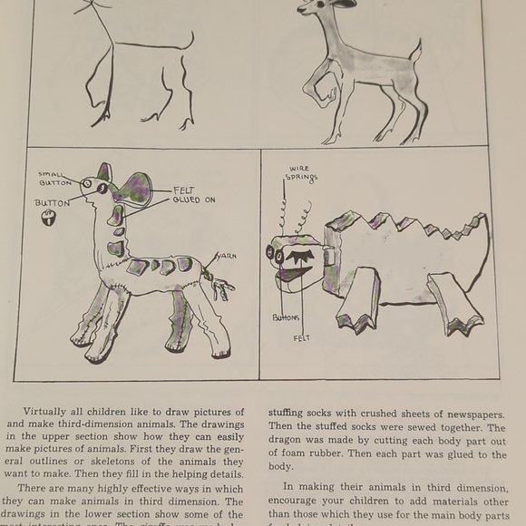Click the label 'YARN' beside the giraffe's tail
coord(226,257)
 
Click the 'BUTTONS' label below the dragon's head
coord(286,318)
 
